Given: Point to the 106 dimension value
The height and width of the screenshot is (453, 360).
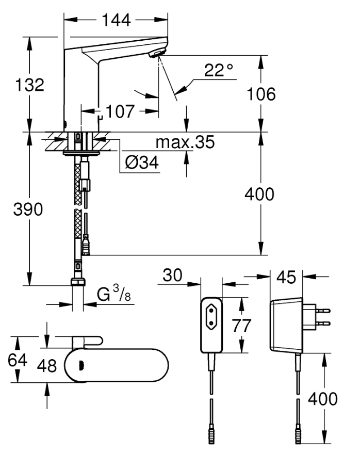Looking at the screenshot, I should click(261, 94).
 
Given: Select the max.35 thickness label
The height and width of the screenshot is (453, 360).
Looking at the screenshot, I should click(185, 142).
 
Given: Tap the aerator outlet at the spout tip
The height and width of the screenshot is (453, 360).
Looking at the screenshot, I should click(156, 53).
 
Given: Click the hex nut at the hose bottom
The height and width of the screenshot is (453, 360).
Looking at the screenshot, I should click(77, 282).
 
